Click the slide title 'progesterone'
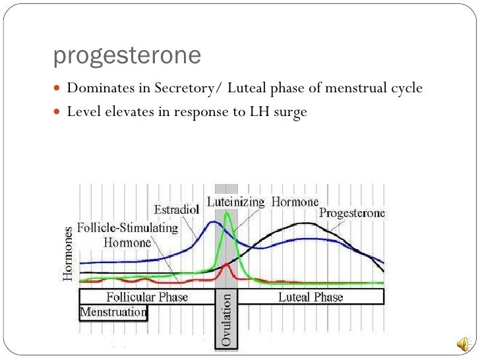point(127,57)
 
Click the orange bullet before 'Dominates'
point(57,88)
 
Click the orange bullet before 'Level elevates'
point(57,112)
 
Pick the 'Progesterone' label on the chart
point(352,213)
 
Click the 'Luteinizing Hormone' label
point(263,202)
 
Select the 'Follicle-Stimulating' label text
point(128,228)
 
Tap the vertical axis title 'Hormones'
point(69,254)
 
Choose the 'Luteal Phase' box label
point(310,297)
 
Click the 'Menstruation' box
point(113,312)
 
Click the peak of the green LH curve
point(227,212)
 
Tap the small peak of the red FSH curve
point(226,264)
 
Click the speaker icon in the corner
point(464,344)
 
